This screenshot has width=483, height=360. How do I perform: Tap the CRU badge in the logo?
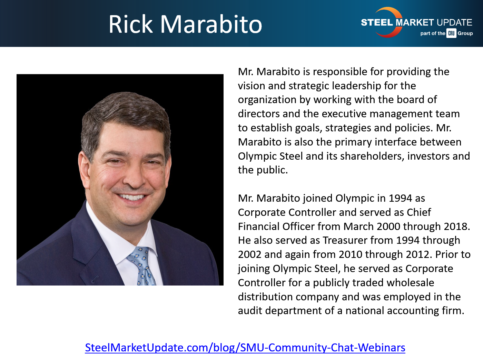(451, 33)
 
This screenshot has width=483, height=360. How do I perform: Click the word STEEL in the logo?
(377, 23)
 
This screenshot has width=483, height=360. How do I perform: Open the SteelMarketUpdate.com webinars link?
(245, 347)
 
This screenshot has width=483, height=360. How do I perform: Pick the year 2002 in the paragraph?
(250, 254)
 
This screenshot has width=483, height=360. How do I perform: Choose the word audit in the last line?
(250, 311)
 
